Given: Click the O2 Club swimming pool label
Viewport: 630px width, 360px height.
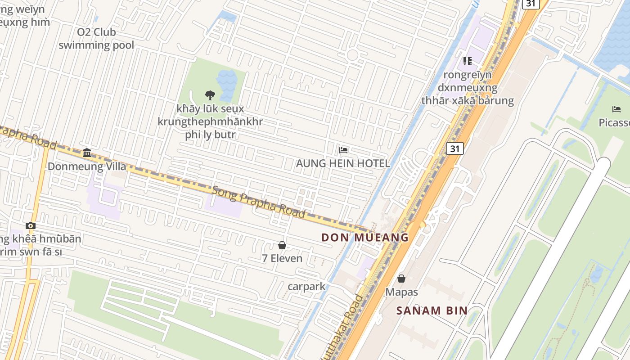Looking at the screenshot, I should coord(96,39).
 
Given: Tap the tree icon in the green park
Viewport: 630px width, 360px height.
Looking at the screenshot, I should coord(210,95).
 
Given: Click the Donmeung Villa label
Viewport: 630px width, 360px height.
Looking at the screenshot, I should coord(87,166).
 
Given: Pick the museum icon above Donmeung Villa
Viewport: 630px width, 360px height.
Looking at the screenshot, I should coord(87,153).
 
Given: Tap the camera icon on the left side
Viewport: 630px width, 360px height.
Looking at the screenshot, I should coord(31,225).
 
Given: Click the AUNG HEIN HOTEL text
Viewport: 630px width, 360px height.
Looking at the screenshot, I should coord(343,163).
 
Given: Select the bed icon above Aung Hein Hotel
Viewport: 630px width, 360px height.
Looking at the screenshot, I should coord(343,150).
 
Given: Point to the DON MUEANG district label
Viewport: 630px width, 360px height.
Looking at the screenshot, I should coord(365,237).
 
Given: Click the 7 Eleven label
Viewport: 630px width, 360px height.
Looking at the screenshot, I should coord(282,259).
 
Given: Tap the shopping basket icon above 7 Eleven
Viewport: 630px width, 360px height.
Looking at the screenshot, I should coord(282,245).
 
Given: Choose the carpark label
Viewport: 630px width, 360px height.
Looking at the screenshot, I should coord(306,286).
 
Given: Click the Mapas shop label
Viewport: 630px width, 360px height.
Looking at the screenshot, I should coord(401,292).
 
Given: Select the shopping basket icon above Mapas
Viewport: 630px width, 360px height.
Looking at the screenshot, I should coord(401,279).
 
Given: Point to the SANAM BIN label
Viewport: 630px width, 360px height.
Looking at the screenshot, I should coord(432,310).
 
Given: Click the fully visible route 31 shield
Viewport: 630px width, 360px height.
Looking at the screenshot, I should coord(454,148).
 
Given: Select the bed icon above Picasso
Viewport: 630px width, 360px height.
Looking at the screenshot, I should coord(616,109).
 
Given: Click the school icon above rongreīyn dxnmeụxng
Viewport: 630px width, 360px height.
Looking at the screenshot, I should coord(468,61).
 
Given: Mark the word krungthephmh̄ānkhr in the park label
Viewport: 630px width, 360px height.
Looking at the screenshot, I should coord(210,121).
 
